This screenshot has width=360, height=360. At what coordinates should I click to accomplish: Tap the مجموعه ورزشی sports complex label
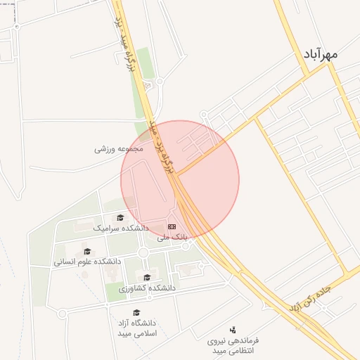click(x=119, y=149)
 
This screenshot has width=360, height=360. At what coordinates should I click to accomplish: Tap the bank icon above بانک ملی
click(x=172, y=226)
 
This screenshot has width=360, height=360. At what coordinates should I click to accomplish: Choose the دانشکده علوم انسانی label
click(x=87, y=262)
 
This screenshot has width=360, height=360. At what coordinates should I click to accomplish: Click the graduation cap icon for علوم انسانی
click(x=87, y=251)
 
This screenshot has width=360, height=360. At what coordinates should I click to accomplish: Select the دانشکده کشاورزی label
click(x=147, y=288)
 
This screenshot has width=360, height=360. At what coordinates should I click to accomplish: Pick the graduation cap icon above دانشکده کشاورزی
click(x=147, y=278)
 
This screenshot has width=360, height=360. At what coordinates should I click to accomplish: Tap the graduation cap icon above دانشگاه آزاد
click(x=136, y=313)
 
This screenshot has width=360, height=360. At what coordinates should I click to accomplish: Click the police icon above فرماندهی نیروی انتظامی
click(x=233, y=329)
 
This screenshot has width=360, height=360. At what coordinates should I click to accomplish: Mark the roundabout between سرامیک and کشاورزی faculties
click(x=143, y=252)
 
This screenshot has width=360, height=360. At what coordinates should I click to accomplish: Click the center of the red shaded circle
click(x=180, y=179)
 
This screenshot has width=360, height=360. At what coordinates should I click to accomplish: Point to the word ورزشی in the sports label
click(x=106, y=149)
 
